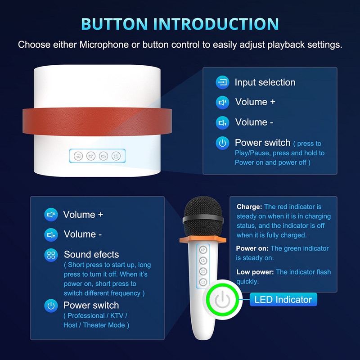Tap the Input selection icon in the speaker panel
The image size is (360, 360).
click(x=222, y=82)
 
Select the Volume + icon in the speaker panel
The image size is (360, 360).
click(x=222, y=103)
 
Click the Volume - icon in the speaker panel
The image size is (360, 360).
click(x=222, y=123)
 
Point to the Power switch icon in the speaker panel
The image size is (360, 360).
click(x=222, y=143)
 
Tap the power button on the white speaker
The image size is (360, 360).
click(x=116, y=156)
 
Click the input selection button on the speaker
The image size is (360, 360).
click(x=78, y=156)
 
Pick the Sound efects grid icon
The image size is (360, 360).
click(x=51, y=255)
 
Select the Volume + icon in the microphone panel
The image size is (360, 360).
click(x=51, y=215)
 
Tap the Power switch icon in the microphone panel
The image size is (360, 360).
click(x=51, y=306)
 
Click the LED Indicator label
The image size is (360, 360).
click(x=283, y=300)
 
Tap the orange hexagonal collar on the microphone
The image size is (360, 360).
click(x=203, y=239)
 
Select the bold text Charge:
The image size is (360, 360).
click(x=249, y=207)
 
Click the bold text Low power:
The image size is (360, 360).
click(x=255, y=272)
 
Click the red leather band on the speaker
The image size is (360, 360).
click(x=97, y=121)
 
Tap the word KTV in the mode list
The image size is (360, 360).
click(x=117, y=316)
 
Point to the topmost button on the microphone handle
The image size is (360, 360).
click(x=203, y=250)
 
